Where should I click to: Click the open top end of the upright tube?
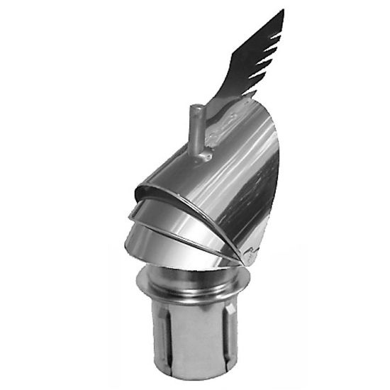point(196,106)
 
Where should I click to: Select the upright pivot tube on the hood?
point(197,128)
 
